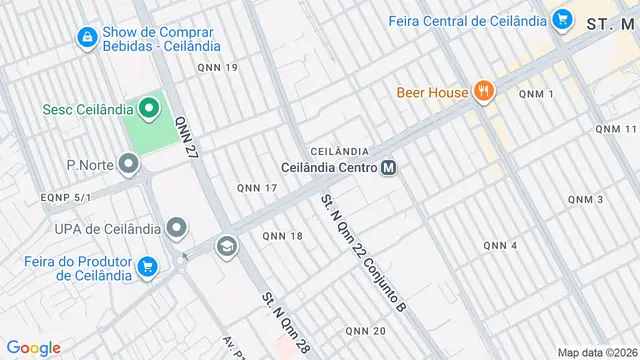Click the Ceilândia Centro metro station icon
point(389,167)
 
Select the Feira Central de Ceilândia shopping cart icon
point(561,20)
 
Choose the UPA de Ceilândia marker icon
point(177,229)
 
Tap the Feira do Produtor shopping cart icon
point(148,266)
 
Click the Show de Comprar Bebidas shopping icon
point(87,38)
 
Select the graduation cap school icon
point(228,245)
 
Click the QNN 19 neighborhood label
point(218,68)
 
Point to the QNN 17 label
point(257,188)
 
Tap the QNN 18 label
point(282,236)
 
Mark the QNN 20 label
point(365,331)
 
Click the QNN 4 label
point(500,246)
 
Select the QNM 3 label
point(585,200)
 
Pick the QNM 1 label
point(536,93)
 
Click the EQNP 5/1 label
point(66,197)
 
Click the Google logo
point(34,348)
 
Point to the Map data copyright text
point(596,352)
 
